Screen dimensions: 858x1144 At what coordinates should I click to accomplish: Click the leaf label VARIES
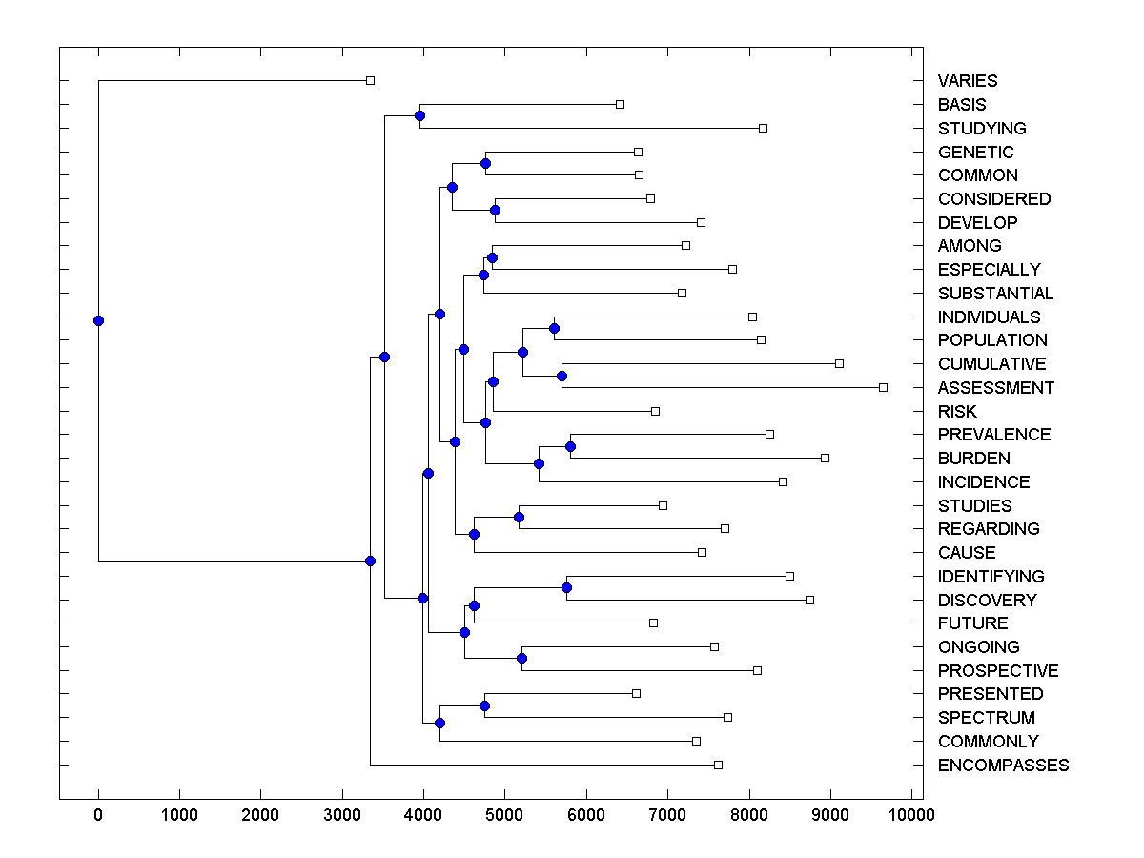(x=967, y=81)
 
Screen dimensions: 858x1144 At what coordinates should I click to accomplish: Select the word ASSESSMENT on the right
(x=995, y=388)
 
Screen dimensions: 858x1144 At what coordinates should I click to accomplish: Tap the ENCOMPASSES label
(x=1003, y=766)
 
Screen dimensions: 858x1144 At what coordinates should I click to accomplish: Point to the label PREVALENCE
(x=993, y=435)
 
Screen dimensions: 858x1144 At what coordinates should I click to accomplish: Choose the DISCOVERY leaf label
(x=987, y=601)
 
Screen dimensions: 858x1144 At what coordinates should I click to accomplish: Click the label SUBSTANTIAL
(x=995, y=294)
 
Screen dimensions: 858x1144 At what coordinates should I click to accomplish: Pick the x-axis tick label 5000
(x=504, y=815)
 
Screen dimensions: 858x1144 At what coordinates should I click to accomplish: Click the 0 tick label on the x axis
(x=98, y=815)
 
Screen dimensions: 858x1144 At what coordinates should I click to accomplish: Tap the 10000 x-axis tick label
(x=910, y=815)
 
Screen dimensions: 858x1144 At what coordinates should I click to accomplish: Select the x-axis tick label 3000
(x=342, y=815)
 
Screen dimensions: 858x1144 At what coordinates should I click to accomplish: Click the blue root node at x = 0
(x=98, y=321)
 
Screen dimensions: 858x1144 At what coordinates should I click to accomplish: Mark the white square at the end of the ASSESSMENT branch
(x=883, y=387)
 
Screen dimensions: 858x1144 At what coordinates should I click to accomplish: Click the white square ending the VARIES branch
(x=371, y=81)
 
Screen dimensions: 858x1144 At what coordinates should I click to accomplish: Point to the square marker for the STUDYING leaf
(x=763, y=128)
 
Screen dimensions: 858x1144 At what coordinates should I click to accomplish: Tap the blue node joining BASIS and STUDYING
(x=419, y=116)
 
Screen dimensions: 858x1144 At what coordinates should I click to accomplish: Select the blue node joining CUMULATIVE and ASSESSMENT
(x=562, y=376)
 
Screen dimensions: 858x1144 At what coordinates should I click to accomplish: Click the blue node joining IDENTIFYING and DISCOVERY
(x=566, y=588)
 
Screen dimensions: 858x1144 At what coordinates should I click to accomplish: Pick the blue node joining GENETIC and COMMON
(x=485, y=164)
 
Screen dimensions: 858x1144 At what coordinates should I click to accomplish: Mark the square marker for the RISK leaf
(x=655, y=411)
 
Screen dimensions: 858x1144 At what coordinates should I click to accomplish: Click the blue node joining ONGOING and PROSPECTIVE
(x=521, y=659)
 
